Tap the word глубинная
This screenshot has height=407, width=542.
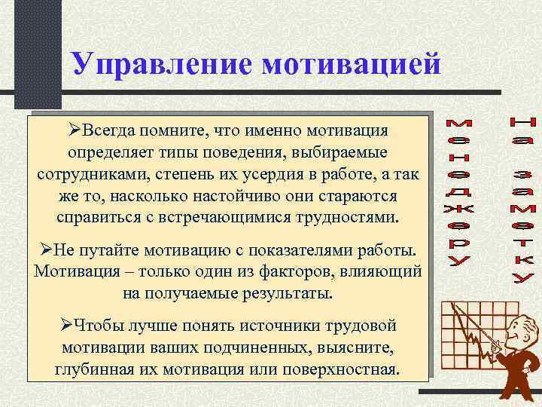coord(93,370)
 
